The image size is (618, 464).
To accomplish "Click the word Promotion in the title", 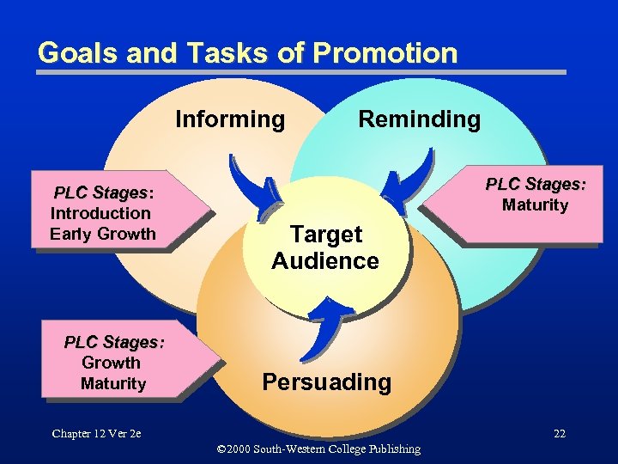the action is pos(385,53).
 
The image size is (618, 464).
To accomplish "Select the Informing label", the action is pos(230,119).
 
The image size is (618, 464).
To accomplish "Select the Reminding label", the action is pos(419,119).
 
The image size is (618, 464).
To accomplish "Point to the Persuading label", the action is pos(326,382).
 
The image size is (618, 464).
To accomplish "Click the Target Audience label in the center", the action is pos(325,247).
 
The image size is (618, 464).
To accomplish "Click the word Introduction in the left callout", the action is pos(100,213).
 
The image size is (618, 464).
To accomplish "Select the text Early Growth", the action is pos(103,234).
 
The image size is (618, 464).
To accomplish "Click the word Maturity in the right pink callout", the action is pos(535,205).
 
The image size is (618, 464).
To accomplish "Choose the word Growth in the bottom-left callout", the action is pos(111,363).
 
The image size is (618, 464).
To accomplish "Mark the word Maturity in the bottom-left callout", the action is pos(113,383).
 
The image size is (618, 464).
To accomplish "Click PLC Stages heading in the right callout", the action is pos(536,184).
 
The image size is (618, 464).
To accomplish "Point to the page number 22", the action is pos(559,433).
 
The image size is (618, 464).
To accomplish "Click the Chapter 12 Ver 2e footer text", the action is pos(95,433).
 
